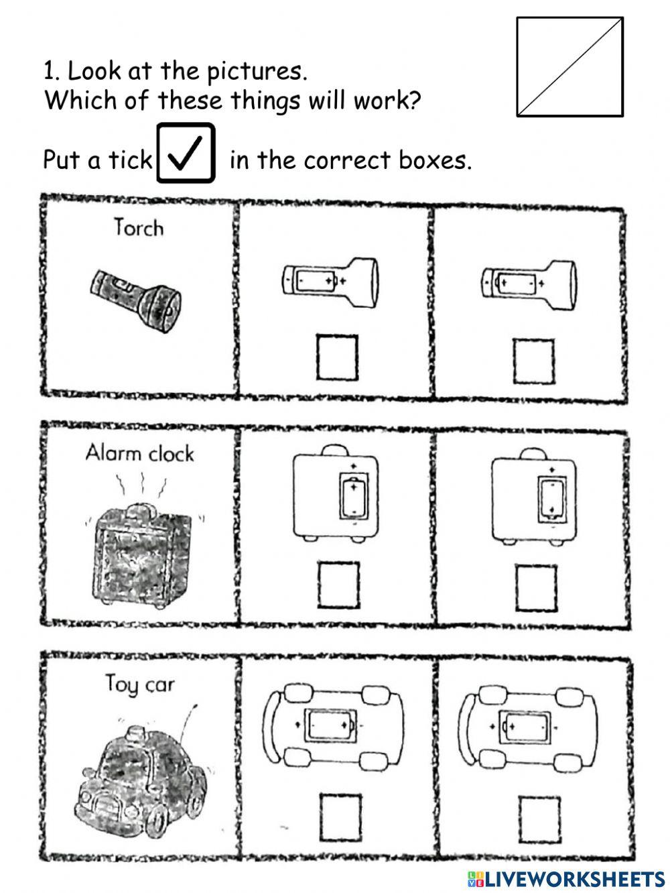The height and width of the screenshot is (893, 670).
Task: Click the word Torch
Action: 139,228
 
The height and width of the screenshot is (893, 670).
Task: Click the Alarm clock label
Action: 139,454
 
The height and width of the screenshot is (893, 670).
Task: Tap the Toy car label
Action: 139,684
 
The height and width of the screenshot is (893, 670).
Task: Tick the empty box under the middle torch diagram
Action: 337,357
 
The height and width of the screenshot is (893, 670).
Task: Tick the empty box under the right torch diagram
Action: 534,360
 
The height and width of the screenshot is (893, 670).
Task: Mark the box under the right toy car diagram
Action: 538,817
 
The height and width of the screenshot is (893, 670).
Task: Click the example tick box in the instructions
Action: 186,153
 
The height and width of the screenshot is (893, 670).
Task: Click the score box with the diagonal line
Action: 569,67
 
